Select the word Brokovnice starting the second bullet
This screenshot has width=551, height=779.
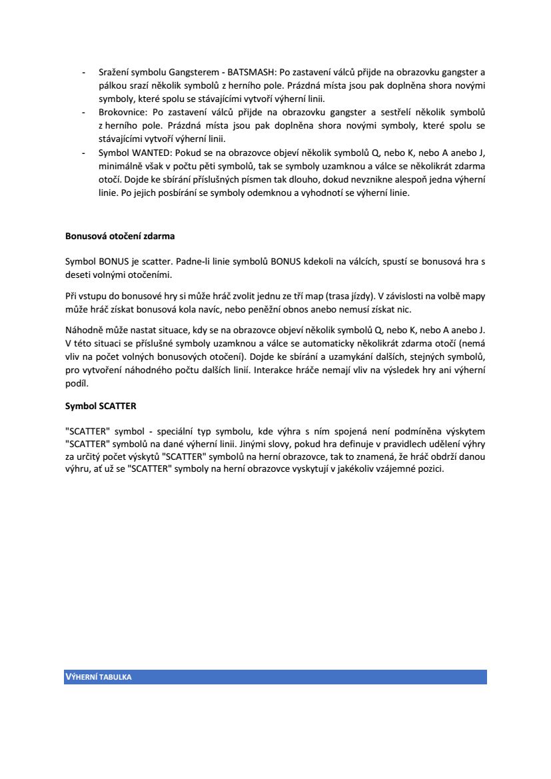(119, 112)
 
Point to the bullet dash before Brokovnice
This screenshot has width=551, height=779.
(83, 112)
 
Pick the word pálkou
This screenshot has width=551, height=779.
(111, 85)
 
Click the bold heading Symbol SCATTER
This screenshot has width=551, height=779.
(101, 405)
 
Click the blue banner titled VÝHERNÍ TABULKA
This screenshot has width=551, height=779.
(275, 677)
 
